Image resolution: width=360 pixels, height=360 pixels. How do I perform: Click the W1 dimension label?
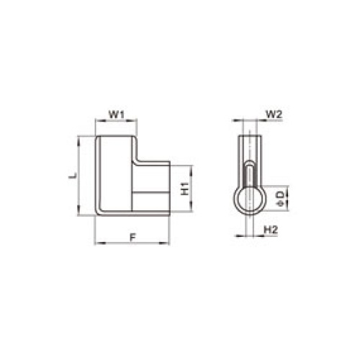[x=117, y=114]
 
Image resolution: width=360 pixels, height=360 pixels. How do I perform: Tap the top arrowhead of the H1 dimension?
[x=192, y=168]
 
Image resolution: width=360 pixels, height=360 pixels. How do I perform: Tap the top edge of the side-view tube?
[x=249, y=135]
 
